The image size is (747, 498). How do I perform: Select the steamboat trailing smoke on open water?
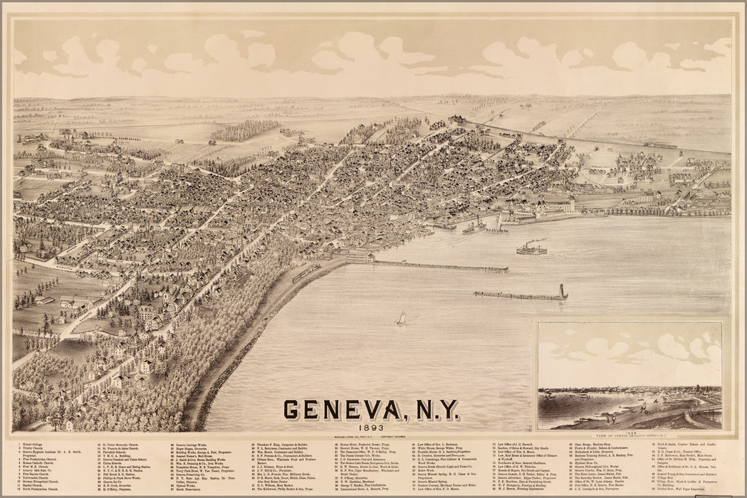coord(531,248)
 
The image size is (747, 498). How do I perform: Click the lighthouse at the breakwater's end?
coord(562,292)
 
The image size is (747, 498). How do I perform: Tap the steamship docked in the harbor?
coord(474,228)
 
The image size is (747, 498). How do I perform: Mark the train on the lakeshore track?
coord(305,272)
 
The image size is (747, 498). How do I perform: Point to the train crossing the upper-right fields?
coord(659,145)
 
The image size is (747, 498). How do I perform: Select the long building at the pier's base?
coord(360,255)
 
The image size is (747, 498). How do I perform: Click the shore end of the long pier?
coord(373,260)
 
